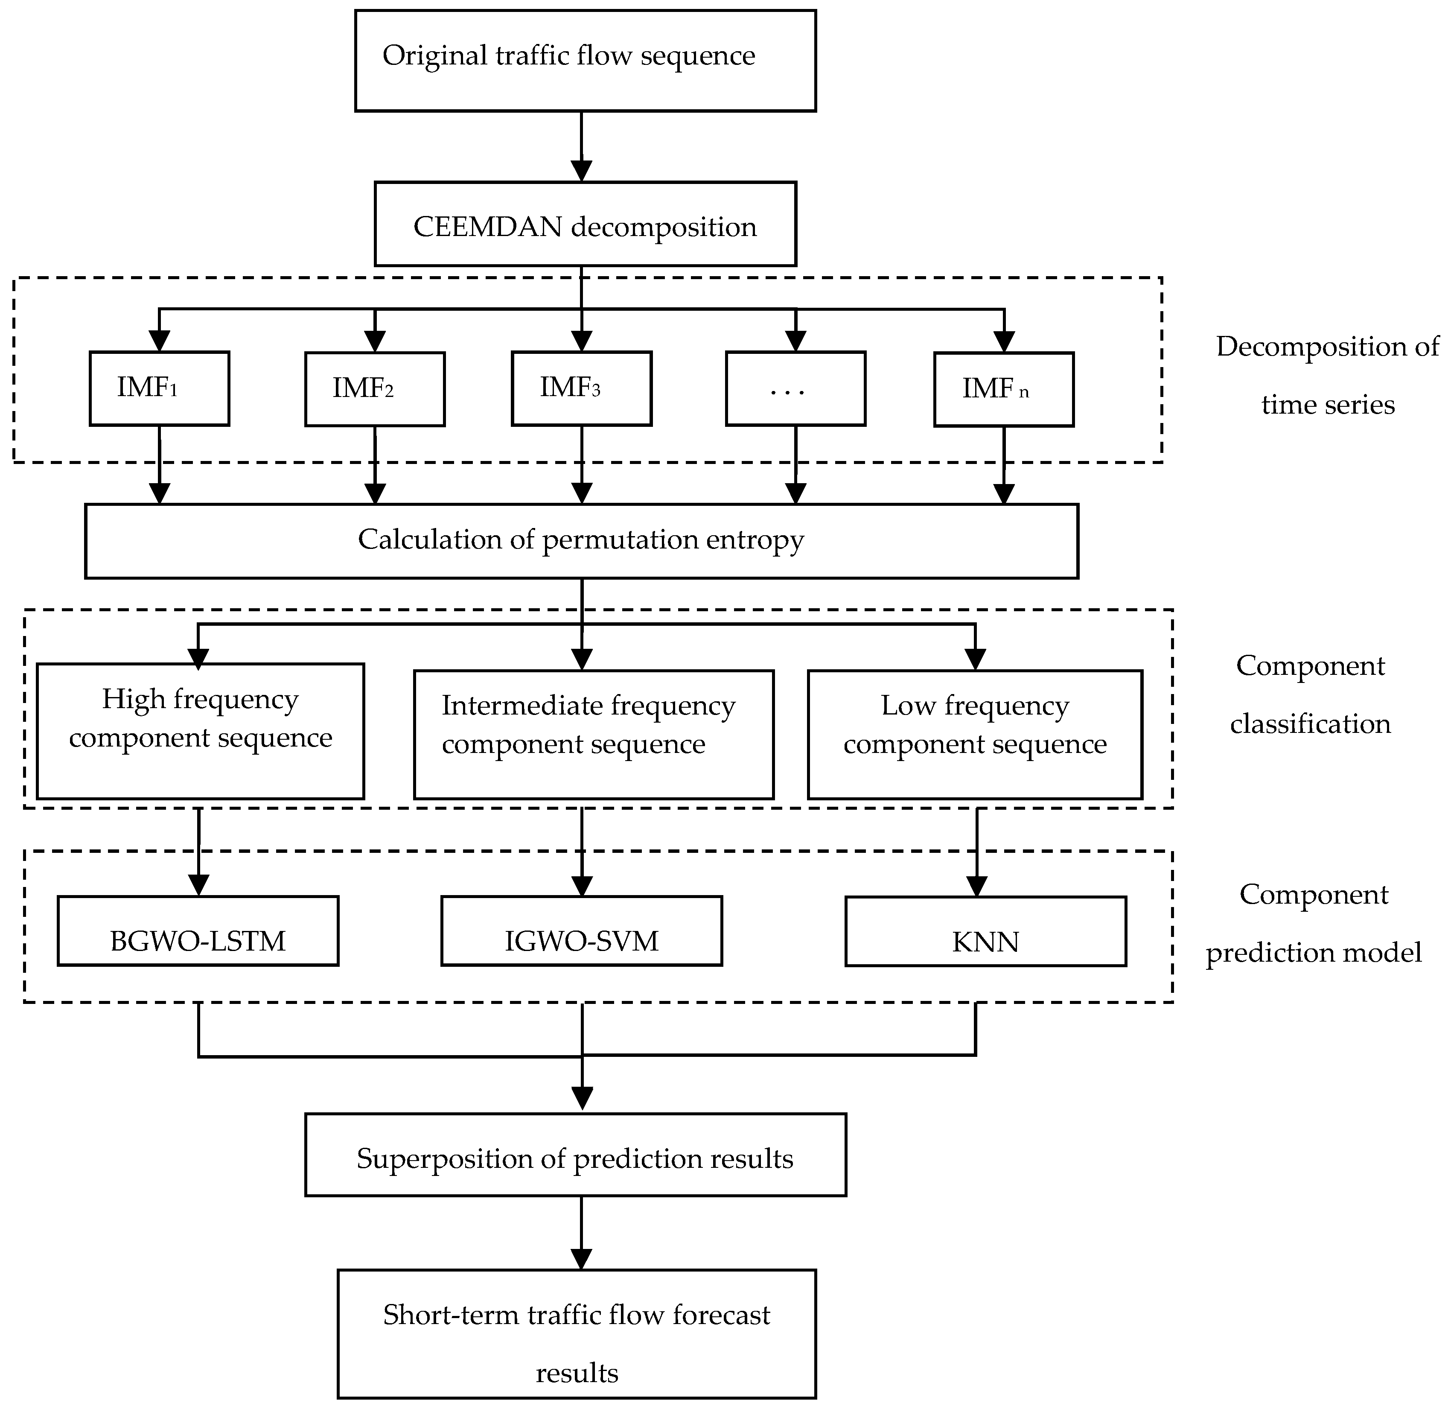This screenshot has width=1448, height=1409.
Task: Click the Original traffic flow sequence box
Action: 585,61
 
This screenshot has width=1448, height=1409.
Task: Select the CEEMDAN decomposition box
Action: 585,224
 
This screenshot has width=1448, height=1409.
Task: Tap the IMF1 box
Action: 159,388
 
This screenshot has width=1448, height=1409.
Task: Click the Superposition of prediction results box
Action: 575,1155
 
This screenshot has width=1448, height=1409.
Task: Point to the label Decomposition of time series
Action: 1327,375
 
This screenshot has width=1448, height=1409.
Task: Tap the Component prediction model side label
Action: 1313,923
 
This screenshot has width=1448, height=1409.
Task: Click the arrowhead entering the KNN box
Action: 977,887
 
